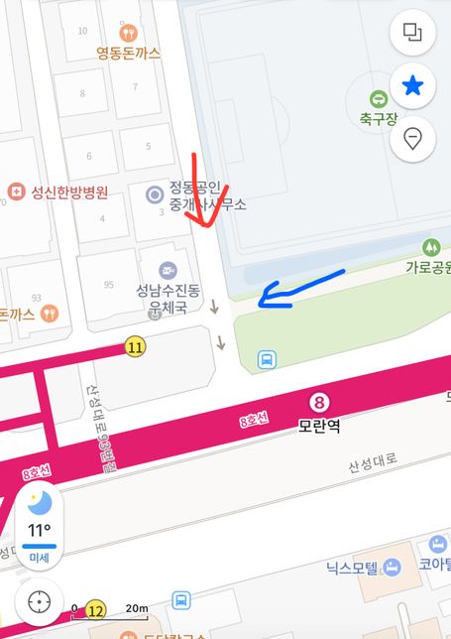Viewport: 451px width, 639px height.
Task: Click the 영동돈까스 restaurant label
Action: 128,54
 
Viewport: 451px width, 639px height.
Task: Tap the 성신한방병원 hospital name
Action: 68,192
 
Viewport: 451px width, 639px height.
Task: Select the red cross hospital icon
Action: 15,192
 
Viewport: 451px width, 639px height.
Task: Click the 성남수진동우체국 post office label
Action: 168,300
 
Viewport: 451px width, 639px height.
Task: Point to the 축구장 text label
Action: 379,120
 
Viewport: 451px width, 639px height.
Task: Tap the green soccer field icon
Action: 379,98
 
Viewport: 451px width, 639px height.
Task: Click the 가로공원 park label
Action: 427,267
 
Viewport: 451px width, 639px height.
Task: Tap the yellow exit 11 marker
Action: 135,347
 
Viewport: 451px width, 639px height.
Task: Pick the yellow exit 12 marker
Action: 95,608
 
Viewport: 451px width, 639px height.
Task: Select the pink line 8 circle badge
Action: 319,402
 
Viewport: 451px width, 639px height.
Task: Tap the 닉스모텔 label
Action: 353,569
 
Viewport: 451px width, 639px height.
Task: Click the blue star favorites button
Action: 412,86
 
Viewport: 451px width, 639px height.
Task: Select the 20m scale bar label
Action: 137,608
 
